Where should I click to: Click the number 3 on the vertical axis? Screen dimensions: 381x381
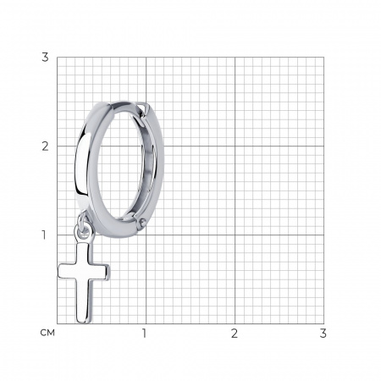coord(45,58)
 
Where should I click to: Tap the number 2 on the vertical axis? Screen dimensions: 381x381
coord(45,146)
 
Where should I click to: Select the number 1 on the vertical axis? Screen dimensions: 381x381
coord(44,235)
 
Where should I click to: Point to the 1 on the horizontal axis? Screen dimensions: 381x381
coord(145,334)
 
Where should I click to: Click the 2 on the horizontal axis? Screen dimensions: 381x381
coord(235,334)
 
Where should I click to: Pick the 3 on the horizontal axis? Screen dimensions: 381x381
coord(323,334)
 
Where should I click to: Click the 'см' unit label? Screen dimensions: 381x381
coord(47,333)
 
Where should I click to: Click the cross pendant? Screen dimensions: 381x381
coord(84,281)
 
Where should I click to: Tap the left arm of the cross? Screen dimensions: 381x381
coord(67,271)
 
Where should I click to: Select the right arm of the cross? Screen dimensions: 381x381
coord(100,272)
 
